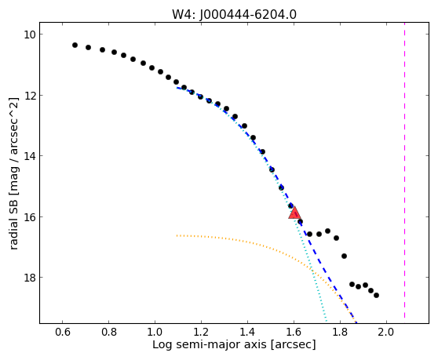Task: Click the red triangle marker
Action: tap(294, 213)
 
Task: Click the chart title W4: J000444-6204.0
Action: tap(234, 14)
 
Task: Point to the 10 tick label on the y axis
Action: tap(29, 35)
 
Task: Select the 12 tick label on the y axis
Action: tap(29, 96)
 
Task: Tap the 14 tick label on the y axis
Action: tap(29, 156)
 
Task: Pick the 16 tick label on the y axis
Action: tap(29, 217)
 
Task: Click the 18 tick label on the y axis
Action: tap(29, 278)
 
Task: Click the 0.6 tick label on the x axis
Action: tap(63, 332)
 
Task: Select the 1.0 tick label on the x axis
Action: tap(155, 332)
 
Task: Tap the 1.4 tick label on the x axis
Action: tap(247, 332)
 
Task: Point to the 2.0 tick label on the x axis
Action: tap(386, 332)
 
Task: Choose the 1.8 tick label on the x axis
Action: tap(340, 332)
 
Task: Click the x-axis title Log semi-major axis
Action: tap(210, 345)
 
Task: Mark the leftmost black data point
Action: tap(75, 45)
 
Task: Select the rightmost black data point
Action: tap(376, 295)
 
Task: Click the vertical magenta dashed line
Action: tap(404, 173)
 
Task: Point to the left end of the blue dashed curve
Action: tap(177, 88)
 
